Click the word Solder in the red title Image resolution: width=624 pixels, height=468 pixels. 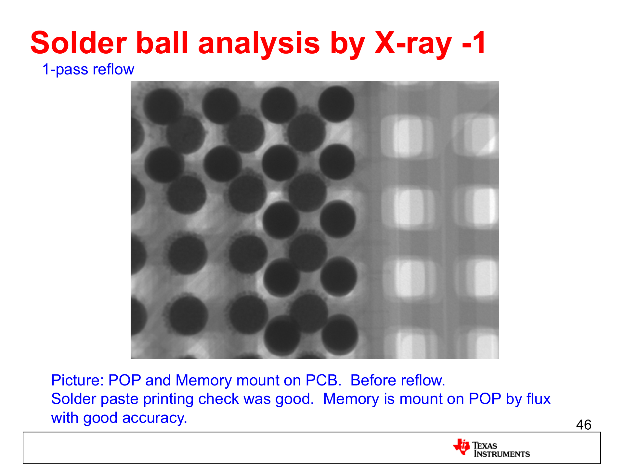pos(79,43)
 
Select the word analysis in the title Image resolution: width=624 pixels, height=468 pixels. pos(259,44)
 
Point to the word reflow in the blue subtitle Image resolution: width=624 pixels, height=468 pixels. pos(113,69)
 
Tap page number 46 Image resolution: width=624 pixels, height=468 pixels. pos(584,425)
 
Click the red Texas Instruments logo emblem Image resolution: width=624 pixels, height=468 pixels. pos(461,447)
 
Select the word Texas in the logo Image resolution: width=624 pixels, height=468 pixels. pos(485,445)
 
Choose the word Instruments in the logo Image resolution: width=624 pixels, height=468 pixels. pos(502,454)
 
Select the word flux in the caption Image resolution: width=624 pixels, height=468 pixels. pos(539,399)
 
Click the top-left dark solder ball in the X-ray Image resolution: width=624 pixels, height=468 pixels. pos(163,106)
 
